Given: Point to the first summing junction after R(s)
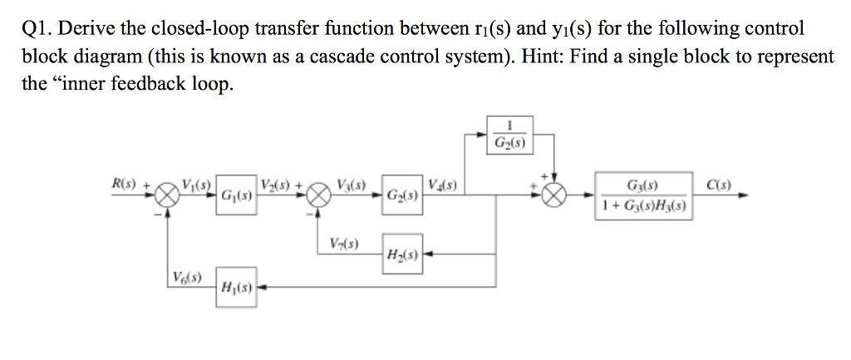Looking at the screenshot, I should (x=169, y=195).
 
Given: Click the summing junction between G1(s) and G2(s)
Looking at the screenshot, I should (x=317, y=195).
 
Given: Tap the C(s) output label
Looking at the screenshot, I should (x=719, y=183).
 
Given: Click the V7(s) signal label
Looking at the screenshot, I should (x=343, y=244).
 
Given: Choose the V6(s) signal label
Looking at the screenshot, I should (x=185, y=277).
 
